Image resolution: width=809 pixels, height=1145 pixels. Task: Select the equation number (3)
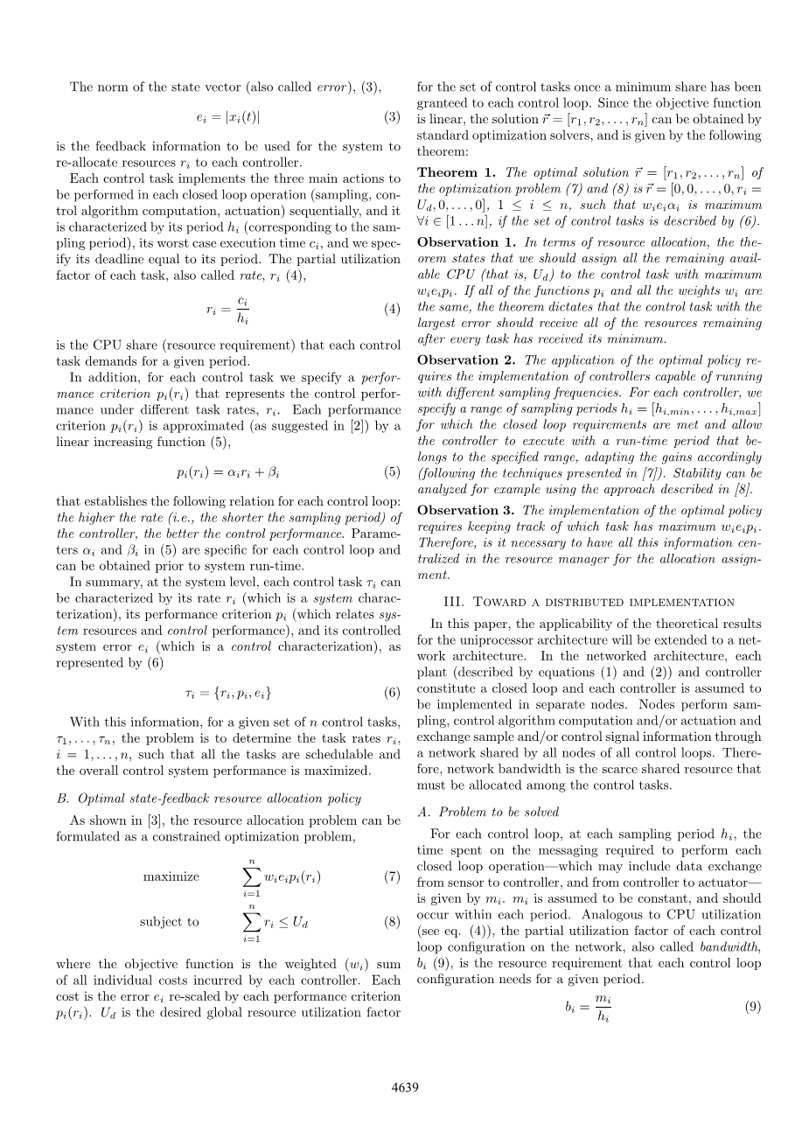(x=392, y=116)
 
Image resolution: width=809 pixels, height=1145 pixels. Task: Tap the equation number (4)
(x=392, y=309)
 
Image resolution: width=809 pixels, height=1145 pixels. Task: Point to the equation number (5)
(x=392, y=472)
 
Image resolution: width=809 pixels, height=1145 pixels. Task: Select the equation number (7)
(x=392, y=876)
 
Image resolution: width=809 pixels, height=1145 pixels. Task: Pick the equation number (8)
(x=392, y=921)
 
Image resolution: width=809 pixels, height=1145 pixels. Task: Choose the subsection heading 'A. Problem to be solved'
(x=486, y=812)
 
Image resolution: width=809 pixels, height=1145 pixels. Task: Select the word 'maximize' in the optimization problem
(x=171, y=876)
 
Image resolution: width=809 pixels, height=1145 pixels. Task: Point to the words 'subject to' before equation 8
(x=169, y=921)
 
